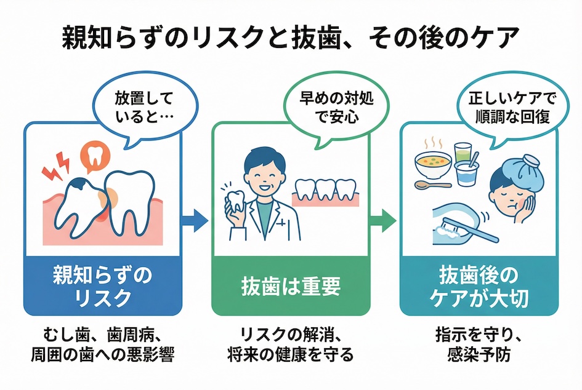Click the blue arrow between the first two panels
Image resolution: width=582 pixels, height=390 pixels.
(x=196, y=220)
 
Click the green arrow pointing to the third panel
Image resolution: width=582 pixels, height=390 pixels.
(x=386, y=220)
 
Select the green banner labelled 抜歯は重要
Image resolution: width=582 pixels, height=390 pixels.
(x=291, y=285)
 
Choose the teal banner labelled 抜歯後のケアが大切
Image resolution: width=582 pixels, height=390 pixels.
(x=479, y=285)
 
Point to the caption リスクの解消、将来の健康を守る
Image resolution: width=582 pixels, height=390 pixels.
(x=291, y=346)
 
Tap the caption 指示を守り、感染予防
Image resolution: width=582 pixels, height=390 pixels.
(x=479, y=346)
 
